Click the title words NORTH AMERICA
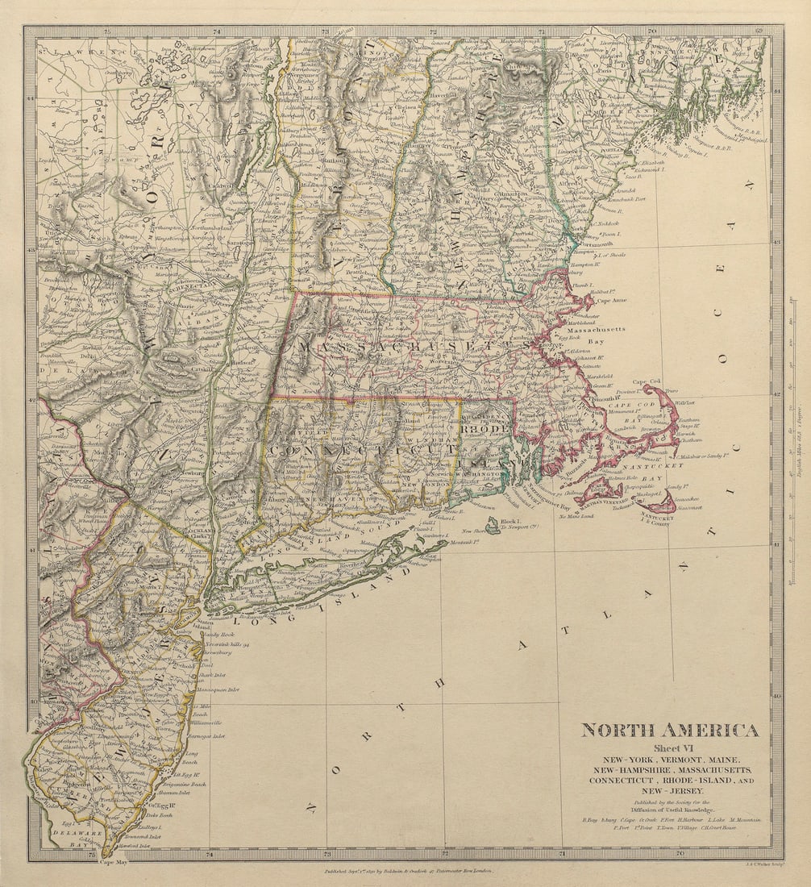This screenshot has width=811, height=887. point(669,731)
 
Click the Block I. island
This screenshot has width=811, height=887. point(493,525)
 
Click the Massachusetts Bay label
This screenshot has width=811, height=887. point(595,336)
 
